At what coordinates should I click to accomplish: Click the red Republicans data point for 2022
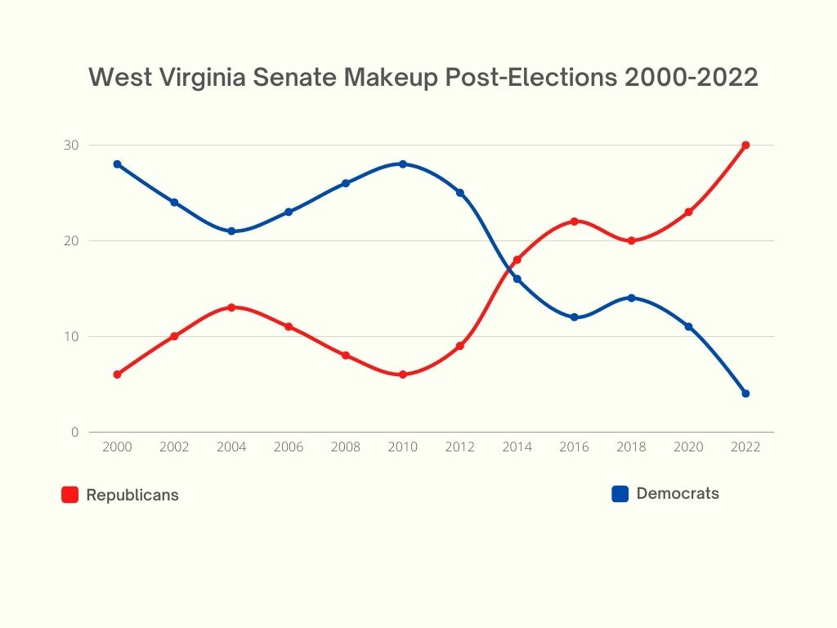(x=745, y=146)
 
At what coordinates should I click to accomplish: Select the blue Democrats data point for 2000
(x=117, y=164)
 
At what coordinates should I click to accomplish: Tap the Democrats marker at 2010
(x=403, y=164)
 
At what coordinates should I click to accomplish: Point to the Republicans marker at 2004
(x=231, y=307)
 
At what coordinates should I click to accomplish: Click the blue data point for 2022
(x=745, y=393)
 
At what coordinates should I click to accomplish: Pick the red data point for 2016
(x=575, y=222)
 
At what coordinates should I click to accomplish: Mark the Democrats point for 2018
(x=632, y=298)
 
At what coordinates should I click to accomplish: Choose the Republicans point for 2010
(x=403, y=375)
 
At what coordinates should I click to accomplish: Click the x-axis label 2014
(x=517, y=447)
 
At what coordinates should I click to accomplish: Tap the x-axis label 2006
(x=289, y=447)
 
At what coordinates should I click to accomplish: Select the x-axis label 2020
(x=688, y=447)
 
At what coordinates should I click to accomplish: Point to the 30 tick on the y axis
(x=72, y=146)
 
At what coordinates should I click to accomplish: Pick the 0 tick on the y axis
(x=75, y=432)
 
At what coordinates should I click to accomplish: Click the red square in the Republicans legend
(x=70, y=495)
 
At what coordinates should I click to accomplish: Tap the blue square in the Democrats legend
(x=620, y=494)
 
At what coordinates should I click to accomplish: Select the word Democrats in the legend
(x=678, y=493)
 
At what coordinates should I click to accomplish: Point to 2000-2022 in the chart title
(x=692, y=78)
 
